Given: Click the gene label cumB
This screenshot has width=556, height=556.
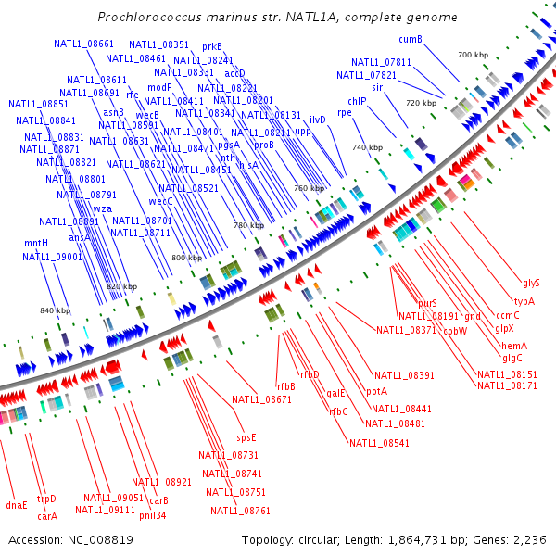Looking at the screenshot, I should [411, 39].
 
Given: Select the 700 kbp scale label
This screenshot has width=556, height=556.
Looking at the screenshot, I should [473, 56].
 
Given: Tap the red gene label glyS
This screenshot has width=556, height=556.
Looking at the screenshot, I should [531, 283].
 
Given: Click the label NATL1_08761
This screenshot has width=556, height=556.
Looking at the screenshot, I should [240, 511].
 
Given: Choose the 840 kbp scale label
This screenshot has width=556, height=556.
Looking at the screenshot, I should [55, 310].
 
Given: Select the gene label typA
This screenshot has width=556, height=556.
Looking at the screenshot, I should [524, 301].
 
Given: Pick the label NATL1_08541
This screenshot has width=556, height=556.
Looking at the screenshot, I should [379, 443].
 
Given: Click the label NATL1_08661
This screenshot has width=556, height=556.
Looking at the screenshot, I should [83, 44].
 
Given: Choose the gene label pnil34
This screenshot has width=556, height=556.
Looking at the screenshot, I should [153, 515].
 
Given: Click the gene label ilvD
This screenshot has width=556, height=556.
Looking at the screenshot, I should [318, 120].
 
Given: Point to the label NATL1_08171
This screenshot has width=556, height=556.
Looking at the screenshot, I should [507, 385].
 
